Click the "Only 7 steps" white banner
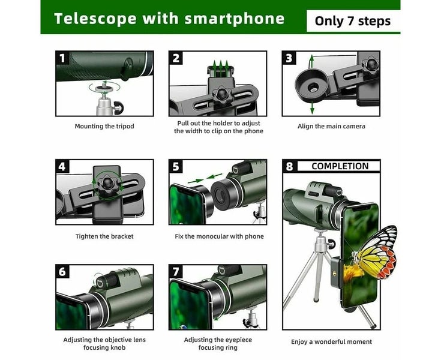click(352, 22)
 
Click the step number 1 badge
click(62, 58)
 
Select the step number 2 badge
click(176, 58)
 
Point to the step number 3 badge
click(289, 58)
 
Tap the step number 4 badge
click(62, 166)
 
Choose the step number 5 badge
click(176, 166)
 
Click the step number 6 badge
click(62, 271)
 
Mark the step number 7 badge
click(176, 271)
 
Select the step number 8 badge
click(289, 166)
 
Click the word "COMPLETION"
click(340, 166)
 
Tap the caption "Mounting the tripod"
click(104, 127)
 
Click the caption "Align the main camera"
click(331, 127)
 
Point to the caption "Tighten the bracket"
click(104, 236)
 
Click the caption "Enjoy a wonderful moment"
click(331, 342)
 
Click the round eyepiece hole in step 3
click(313, 86)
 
